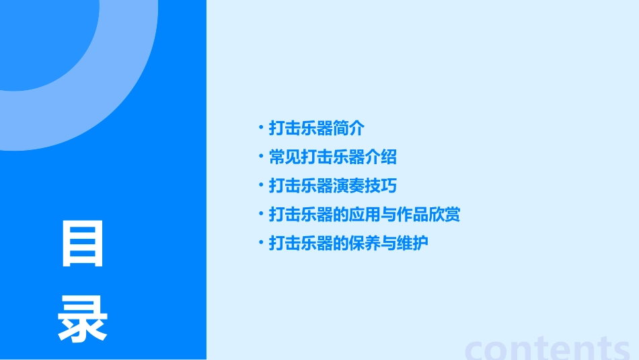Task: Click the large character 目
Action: tap(83, 244)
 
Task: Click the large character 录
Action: tap(83, 320)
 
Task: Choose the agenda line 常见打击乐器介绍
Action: tap(332, 157)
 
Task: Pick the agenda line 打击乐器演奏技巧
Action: tap(332, 186)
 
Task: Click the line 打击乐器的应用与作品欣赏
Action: tap(364, 215)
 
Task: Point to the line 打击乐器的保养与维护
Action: tap(348, 243)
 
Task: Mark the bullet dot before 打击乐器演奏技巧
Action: tap(261, 184)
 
